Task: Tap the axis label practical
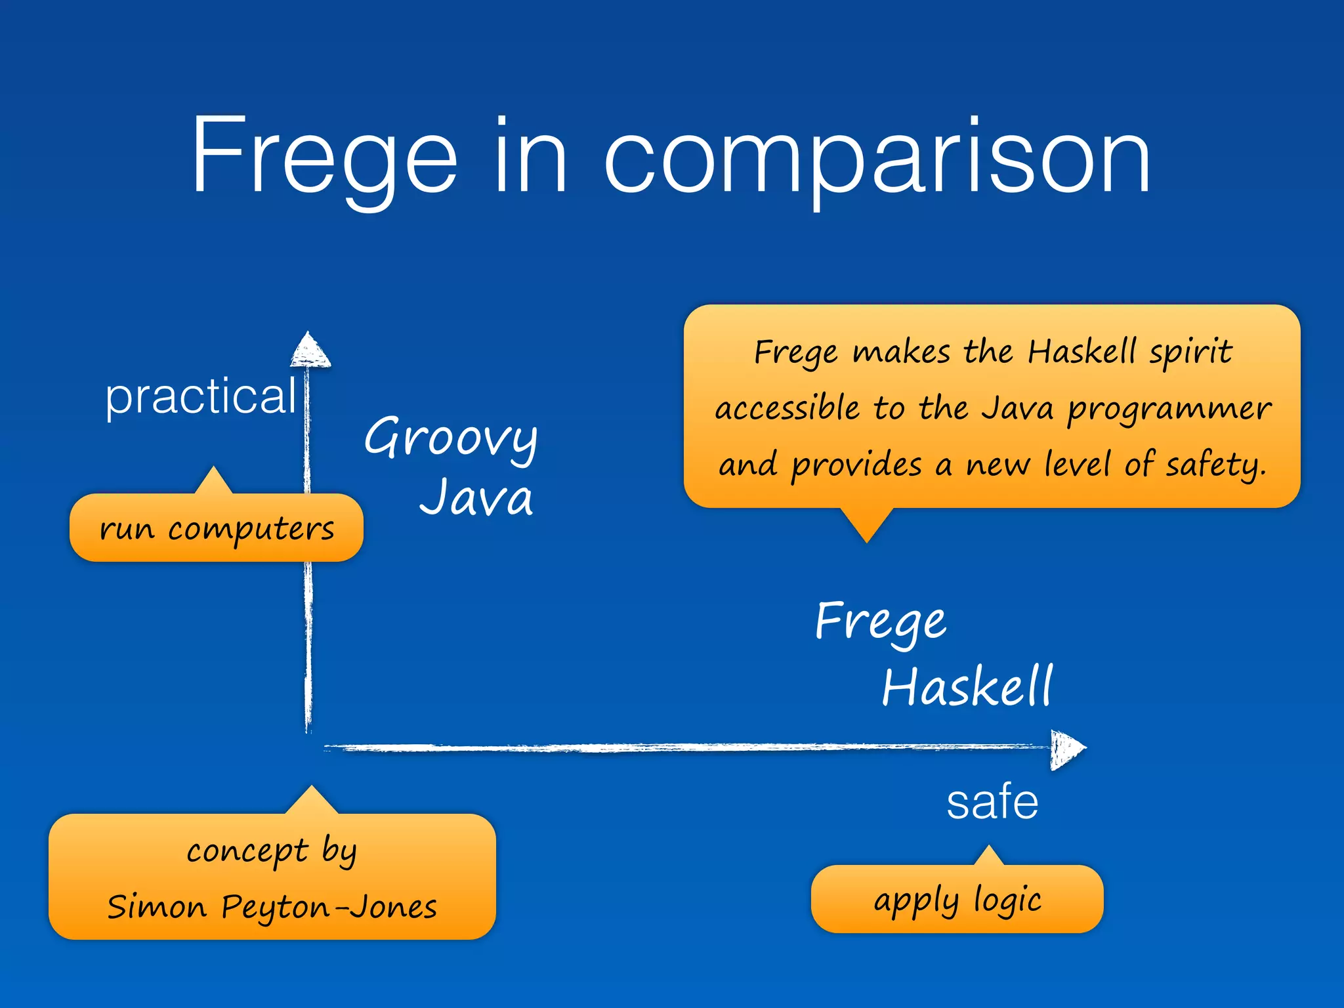(201, 396)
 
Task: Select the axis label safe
(992, 802)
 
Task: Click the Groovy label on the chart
(451, 438)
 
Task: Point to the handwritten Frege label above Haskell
(881, 621)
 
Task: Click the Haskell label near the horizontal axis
(967, 686)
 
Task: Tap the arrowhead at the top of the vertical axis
(310, 350)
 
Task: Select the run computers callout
(217, 528)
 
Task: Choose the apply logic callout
(957, 900)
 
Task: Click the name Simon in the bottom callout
(157, 908)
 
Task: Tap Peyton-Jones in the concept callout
(329, 908)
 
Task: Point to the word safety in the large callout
(1215, 465)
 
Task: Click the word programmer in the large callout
(1169, 409)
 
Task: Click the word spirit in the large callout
(1190, 352)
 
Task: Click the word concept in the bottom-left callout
(247, 851)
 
